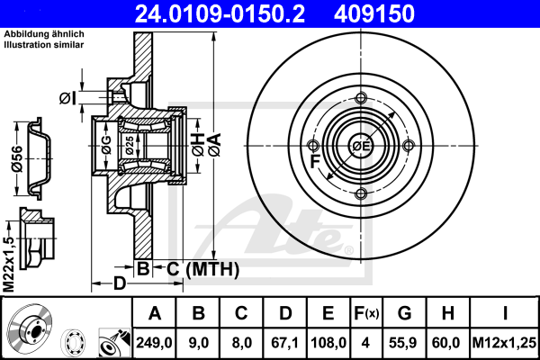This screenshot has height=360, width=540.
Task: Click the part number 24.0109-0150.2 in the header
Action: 220,13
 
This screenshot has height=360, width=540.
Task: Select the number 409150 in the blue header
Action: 374,13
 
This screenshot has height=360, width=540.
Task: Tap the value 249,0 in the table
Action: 154,343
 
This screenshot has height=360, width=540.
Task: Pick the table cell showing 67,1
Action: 285,343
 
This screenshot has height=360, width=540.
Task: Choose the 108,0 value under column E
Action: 328,343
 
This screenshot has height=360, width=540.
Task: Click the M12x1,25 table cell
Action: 504,343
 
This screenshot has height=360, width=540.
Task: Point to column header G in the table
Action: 404,313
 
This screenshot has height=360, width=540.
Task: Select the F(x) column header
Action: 366,313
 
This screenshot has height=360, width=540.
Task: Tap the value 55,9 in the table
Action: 403,343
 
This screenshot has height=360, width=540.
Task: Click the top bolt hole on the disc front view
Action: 361,98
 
